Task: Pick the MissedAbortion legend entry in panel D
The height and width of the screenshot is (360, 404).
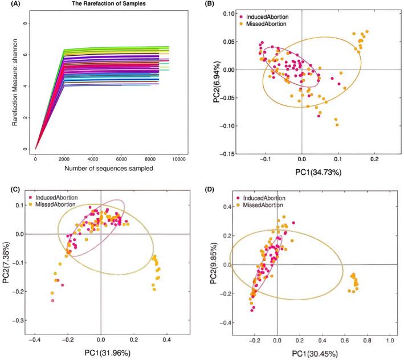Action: coord(264,204)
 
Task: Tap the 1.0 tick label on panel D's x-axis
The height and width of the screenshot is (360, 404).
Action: coord(390,341)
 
